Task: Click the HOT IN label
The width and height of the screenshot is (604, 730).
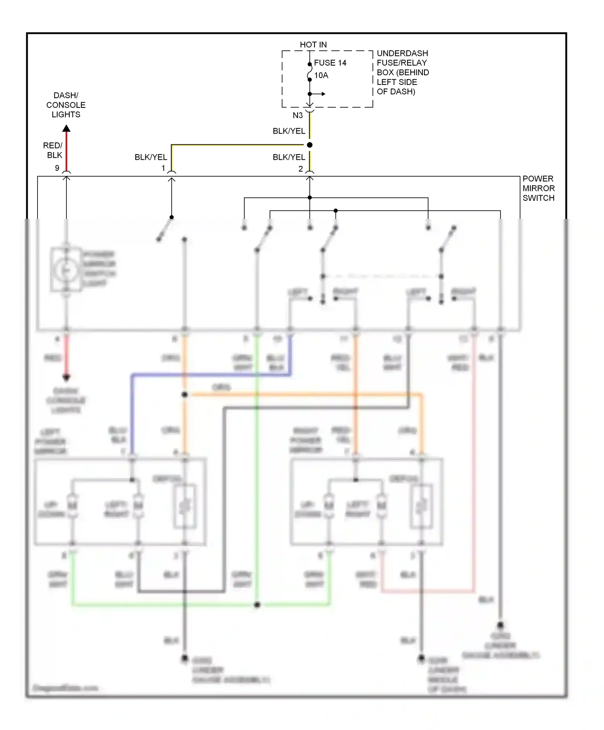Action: tap(313, 45)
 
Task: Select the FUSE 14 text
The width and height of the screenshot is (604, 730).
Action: tap(330, 63)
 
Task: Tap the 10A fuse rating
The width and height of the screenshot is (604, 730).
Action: tap(321, 75)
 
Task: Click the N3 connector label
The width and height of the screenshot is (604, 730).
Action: tap(297, 115)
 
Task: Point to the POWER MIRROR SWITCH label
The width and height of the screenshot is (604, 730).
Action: tap(538, 188)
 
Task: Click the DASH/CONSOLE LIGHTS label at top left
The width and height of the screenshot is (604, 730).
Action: tap(66, 105)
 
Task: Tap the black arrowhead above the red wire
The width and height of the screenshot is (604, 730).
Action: tap(66, 128)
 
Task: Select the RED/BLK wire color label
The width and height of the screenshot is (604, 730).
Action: tap(53, 150)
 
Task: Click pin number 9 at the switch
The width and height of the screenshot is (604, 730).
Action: tap(57, 168)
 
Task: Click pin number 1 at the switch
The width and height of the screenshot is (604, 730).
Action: tap(163, 168)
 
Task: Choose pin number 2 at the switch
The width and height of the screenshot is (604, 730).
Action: tap(300, 169)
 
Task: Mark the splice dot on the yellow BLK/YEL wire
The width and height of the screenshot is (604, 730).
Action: tap(309, 145)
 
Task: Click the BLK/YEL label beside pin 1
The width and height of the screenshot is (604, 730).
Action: tap(151, 157)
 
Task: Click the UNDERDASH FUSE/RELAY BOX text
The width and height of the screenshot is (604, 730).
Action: tap(402, 72)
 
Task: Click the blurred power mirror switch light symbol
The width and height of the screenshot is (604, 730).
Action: tap(66, 270)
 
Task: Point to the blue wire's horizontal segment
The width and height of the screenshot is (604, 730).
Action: tap(209, 375)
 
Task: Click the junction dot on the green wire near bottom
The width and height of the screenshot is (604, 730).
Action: tap(257, 604)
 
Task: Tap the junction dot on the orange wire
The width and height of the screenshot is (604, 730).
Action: tap(184, 394)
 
